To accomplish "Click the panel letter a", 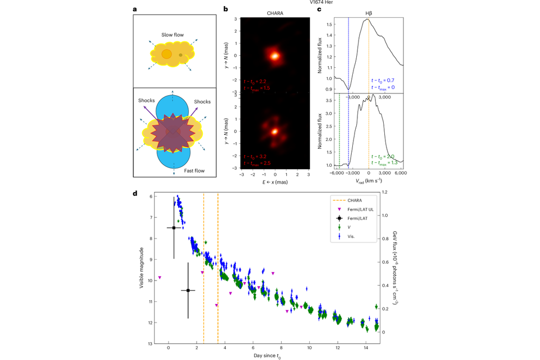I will click(134, 10).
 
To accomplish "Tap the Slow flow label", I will click(172, 35).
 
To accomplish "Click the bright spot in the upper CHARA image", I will click(275, 56).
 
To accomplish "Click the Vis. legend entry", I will click(352, 237).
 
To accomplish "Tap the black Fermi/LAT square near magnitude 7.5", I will click(174, 228).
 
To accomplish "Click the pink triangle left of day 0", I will click(160, 278).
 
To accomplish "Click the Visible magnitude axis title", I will click(142, 269).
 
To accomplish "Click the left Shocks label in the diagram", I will click(147, 101).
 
